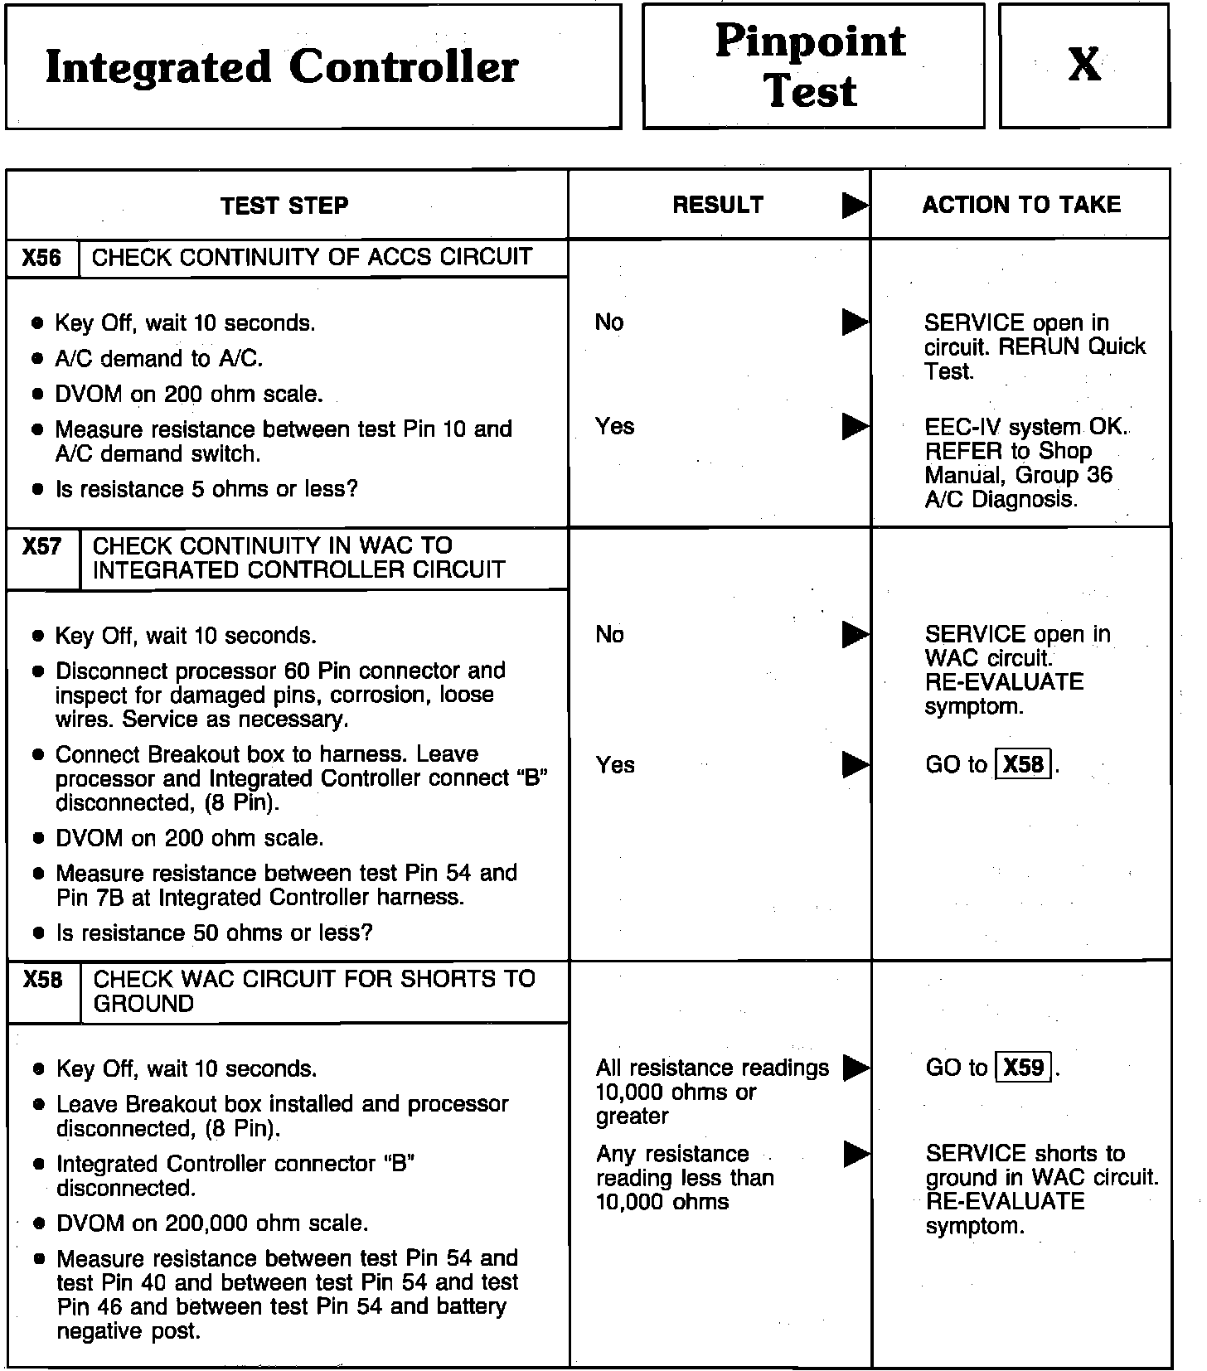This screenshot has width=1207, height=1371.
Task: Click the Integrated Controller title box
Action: [x=313, y=66]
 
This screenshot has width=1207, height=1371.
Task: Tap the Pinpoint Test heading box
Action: [x=812, y=66]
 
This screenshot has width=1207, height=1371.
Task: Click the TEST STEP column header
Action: [x=285, y=206]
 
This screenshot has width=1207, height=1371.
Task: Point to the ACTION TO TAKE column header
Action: [x=1021, y=205]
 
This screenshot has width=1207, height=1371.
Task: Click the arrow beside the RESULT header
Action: [x=855, y=206]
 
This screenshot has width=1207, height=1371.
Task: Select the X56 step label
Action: [x=42, y=258]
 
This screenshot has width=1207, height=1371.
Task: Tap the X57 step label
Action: [x=42, y=547]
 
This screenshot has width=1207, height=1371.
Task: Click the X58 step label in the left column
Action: [x=43, y=981]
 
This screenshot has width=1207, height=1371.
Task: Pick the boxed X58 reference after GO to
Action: [x=1023, y=763]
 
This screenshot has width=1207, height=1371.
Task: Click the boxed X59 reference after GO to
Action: [x=1024, y=1067]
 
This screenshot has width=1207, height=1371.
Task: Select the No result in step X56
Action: [x=609, y=322]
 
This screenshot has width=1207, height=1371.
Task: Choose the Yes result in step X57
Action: [x=615, y=764]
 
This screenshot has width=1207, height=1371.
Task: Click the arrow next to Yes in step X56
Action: [x=855, y=427]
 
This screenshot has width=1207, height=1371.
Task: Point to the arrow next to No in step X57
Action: [x=855, y=635]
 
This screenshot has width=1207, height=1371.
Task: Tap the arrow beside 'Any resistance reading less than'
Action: [x=856, y=1154]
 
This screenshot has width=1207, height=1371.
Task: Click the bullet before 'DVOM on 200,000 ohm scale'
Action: [x=38, y=1223]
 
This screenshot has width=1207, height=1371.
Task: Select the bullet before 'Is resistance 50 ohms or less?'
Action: [x=38, y=933]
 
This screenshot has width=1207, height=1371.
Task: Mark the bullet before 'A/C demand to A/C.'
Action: [x=37, y=359]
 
